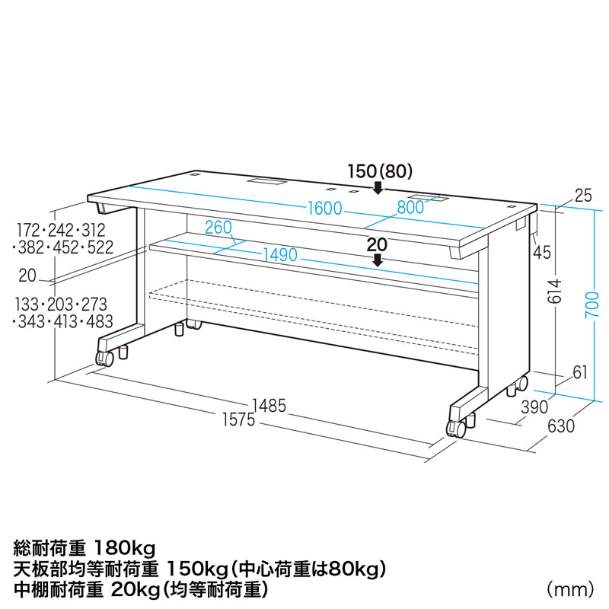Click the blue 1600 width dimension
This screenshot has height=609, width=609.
tap(325, 208)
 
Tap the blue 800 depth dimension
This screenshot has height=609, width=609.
tap(410, 207)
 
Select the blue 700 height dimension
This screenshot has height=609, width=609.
tap(592, 304)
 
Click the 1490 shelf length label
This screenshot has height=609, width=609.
tap(280, 255)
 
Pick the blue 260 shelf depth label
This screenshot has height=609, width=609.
tap(218, 228)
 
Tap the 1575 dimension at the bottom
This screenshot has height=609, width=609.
tap(238, 420)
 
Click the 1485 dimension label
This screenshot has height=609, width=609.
tap(269, 406)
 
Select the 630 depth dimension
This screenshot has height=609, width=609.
tap(561, 426)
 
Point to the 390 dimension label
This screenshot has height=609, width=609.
tap(534, 407)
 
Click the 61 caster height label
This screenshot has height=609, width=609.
tap(580, 373)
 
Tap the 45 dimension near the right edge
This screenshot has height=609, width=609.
tap(542, 253)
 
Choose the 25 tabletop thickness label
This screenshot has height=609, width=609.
tap(583, 196)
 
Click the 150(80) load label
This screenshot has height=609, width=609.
tap(379, 171)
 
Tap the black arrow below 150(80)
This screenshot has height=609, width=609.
tap(377, 188)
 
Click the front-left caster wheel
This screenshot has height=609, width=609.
tap(105, 358)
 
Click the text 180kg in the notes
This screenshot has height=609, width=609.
tap(125, 548)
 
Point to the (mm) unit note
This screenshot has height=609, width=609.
tap(570, 589)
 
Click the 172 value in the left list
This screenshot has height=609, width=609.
tap(29, 231)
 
